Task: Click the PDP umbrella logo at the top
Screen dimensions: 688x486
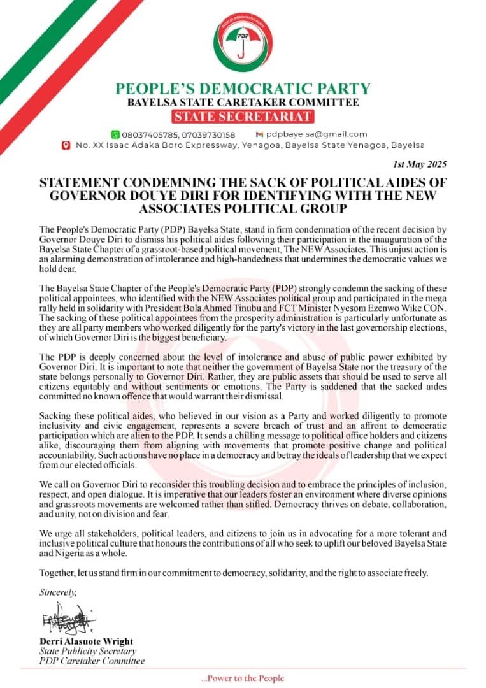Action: (x=243, y=43)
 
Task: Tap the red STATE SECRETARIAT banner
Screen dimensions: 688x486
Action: (x=243, y=116)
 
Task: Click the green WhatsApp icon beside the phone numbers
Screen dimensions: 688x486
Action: (x=115, y=134)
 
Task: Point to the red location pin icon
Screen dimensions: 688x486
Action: (x=65, y=145)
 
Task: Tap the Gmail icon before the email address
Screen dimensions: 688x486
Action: (x=259, y=134)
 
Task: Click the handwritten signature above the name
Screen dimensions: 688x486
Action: (x=66, y=619)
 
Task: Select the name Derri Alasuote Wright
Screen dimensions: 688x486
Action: (x=85, y=641)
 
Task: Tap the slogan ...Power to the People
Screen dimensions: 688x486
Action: (x=242, y=678)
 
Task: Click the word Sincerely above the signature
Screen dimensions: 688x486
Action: (x=57, y=592)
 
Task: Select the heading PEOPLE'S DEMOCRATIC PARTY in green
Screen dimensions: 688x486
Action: (x=243, y=89)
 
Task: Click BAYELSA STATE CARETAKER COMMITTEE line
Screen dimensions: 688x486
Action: (x=243, y=102)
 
